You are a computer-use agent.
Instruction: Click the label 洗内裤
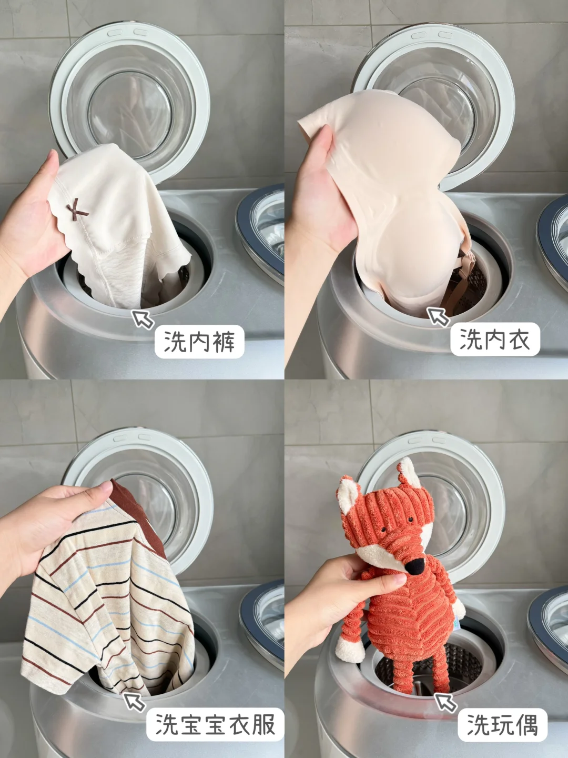(199, 342)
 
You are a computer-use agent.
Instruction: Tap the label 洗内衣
(495, 339)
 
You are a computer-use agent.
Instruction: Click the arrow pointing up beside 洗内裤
(143, 320)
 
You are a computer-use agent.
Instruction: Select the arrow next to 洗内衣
(438, 317)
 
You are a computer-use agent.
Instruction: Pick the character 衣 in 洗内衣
(519, 339)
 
